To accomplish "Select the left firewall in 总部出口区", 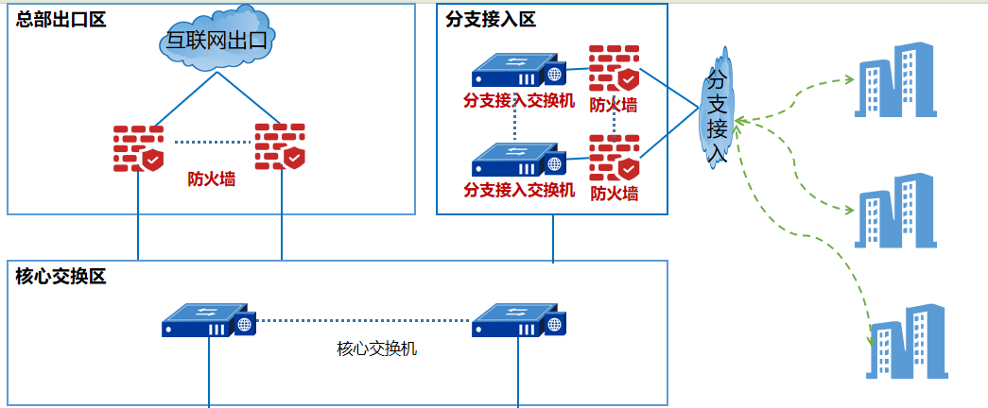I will click(x=138, y=148).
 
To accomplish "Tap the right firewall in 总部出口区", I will click(x=280, y=146).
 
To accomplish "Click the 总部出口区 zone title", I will click(x=61, y=19).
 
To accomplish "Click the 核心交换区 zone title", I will click(x=61, y=277).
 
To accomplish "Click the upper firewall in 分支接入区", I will click(x=614, y=68).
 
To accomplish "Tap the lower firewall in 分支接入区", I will click(x=614, y=158).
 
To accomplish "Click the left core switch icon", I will click(x=209, y=321).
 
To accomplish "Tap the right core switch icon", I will click(x=518, y=321).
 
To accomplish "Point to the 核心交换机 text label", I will click(x=376, y=348).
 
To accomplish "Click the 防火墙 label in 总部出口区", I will click(x=211, y=178).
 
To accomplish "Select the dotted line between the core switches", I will click(x=364, y=321).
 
